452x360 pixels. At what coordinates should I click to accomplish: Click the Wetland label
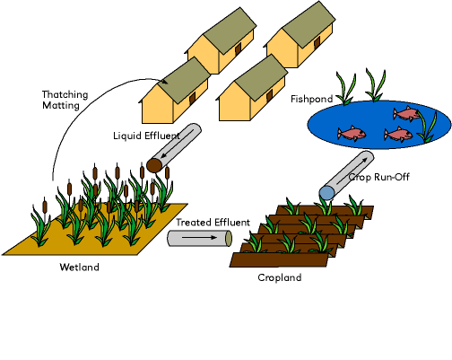(79, 267)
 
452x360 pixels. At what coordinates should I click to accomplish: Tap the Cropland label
(280, 277)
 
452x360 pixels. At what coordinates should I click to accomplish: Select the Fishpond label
(312, 99)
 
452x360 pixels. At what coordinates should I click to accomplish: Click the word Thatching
(65, 95)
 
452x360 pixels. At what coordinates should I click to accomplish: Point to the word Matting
(61, 105)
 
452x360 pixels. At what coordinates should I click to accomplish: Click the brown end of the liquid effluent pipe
(154, 165)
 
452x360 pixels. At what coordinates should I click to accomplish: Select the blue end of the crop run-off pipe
(326, 193)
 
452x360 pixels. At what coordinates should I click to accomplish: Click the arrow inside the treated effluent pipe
(199, 238)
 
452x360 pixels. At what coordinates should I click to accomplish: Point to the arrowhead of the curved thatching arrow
(164, 81)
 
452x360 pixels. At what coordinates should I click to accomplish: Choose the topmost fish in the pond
(406, 114)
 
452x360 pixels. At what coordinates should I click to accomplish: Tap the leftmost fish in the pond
(352, 133)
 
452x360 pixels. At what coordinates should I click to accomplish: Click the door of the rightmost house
(317, 43)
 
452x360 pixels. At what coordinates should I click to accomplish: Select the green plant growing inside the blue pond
(427, 127)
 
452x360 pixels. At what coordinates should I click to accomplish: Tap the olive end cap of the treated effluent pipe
(229, 238)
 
